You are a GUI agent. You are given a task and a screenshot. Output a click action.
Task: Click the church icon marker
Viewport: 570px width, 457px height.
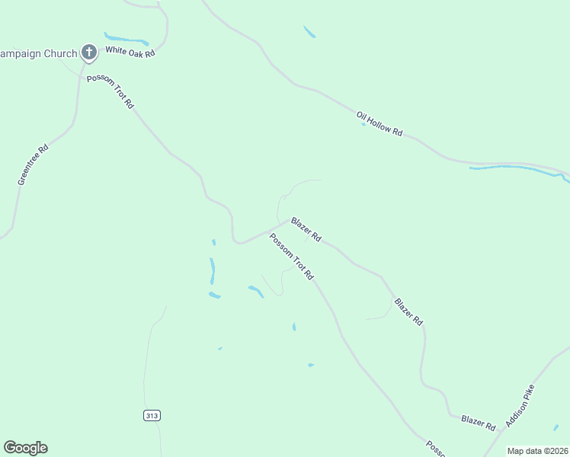click(89, 53)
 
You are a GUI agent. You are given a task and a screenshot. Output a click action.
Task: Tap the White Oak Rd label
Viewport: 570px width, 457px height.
click(130, 51)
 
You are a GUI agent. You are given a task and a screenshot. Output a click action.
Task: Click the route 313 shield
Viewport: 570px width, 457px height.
click(151, 415)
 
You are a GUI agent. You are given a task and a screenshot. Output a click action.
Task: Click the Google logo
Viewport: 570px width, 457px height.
click(25, 448)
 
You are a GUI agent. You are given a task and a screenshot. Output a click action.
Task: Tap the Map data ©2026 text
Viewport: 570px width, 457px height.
click(537, 451)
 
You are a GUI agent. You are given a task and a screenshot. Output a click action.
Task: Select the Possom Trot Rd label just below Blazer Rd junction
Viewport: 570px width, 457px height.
click(291, 256)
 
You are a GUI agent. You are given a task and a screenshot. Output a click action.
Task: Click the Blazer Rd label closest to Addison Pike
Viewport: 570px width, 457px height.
click(479, 421)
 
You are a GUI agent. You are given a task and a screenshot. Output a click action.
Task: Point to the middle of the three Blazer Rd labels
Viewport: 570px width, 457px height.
click(408, 312)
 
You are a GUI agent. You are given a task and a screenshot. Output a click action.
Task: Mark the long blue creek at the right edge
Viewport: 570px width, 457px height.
click(518, 168)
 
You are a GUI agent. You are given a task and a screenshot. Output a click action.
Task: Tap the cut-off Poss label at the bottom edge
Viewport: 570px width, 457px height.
click(434, 447)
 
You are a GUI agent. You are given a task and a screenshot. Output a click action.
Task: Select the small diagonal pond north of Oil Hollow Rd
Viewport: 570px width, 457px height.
click(309, 32)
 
